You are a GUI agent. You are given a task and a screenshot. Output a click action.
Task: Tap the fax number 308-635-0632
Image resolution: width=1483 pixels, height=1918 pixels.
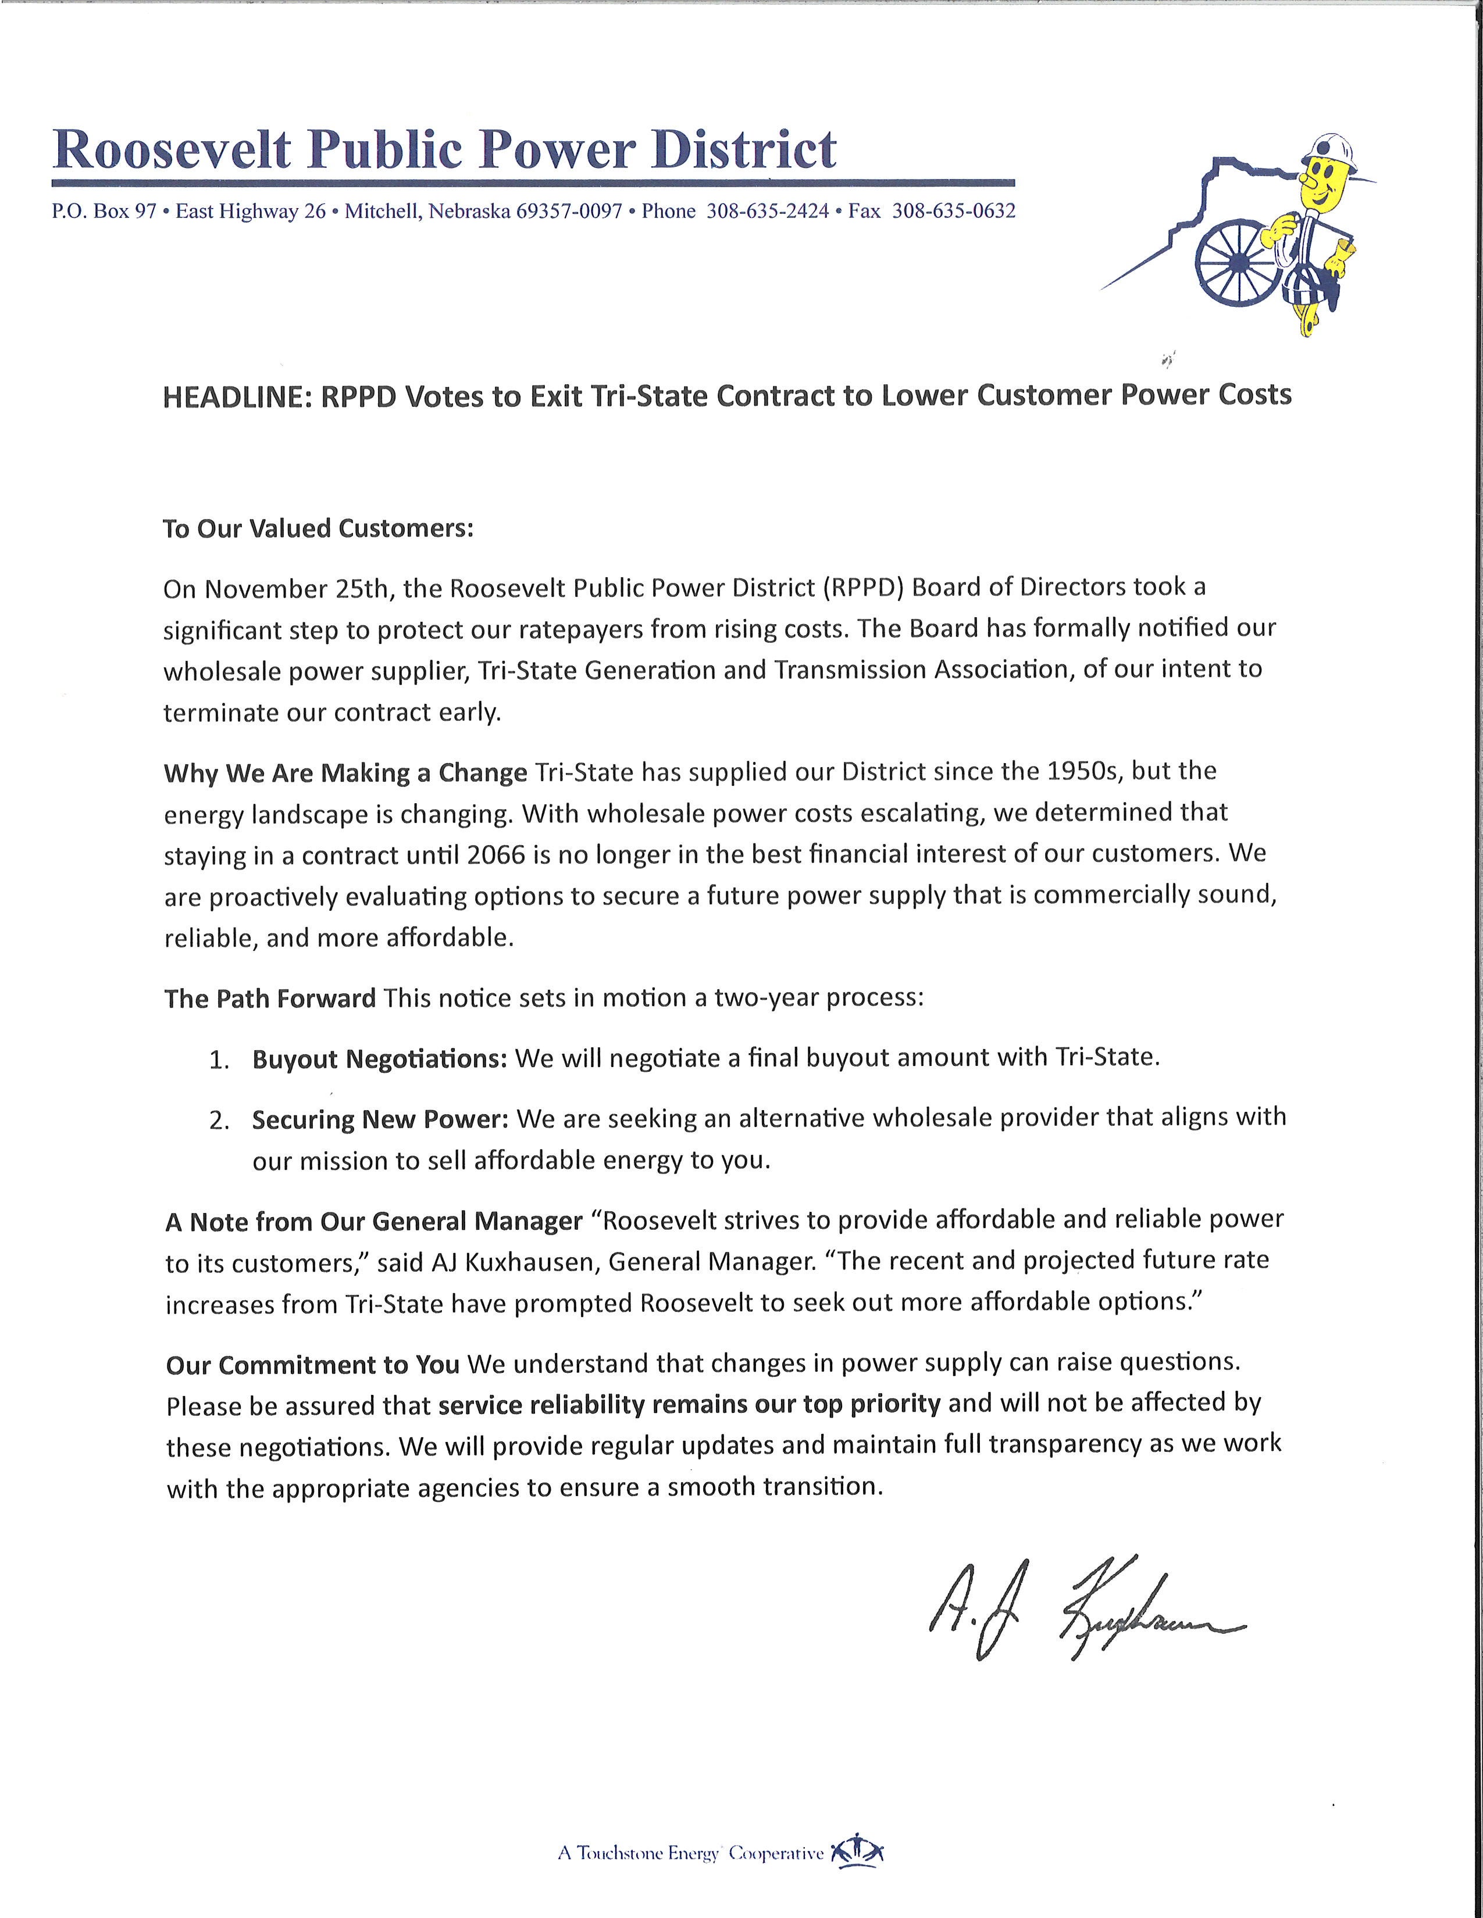[x=953, y=212]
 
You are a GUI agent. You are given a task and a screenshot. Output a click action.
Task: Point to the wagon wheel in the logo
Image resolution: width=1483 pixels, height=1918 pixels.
[x=1234, y=259]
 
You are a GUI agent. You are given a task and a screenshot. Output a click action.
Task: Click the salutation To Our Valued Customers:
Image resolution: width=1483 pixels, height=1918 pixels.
[x=318, y=529]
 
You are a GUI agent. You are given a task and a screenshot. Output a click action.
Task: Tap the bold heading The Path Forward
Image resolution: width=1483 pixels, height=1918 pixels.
[x=270, y=999]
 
